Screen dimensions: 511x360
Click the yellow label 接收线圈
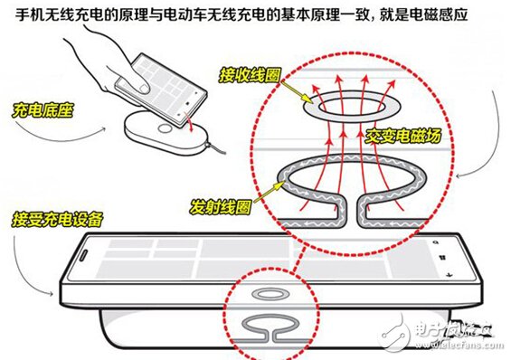(250, 75)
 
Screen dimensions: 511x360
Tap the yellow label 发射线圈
(221, 206)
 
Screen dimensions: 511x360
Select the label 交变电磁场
(402, 136)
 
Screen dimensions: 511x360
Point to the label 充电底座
(43, 110)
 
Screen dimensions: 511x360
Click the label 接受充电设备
(58, 219)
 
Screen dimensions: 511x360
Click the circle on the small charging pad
(165, 128)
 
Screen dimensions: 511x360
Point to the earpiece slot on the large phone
(83, 255)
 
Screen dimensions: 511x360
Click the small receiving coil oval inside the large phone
(270, 295)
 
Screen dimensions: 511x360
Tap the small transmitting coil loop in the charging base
(270, 327)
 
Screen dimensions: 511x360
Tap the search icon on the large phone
(436, 242)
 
